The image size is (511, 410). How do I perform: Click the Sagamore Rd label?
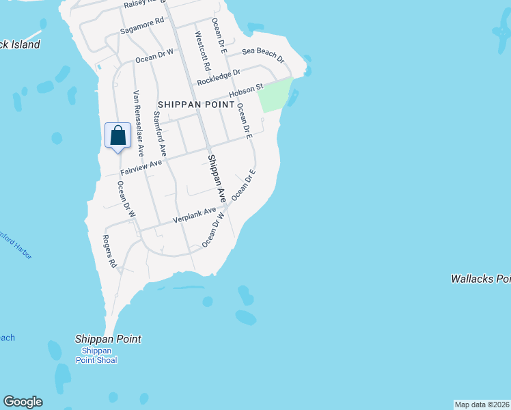tap(142, 26)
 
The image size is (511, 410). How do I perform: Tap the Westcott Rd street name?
tap(203, 51)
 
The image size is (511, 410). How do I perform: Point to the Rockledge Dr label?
tap(219, 77)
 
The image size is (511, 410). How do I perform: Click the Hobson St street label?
tap(246, 92)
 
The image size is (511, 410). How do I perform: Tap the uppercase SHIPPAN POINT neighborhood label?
tap(196, 105)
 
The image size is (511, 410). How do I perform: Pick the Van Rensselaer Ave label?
tap(139, 122)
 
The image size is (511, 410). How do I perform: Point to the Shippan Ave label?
tap(217, 178)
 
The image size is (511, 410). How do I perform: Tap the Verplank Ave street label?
tap(194, 217)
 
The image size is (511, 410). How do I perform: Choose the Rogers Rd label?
tap(109, 251)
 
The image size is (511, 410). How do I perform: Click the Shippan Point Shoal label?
tap(96, 355)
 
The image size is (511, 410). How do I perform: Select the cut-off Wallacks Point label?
tap(480, 279)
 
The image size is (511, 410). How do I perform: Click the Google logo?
tap(23, 402)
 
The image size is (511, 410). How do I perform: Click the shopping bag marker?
tap(118, 135)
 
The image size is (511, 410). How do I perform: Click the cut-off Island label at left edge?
tap(20, 44)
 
